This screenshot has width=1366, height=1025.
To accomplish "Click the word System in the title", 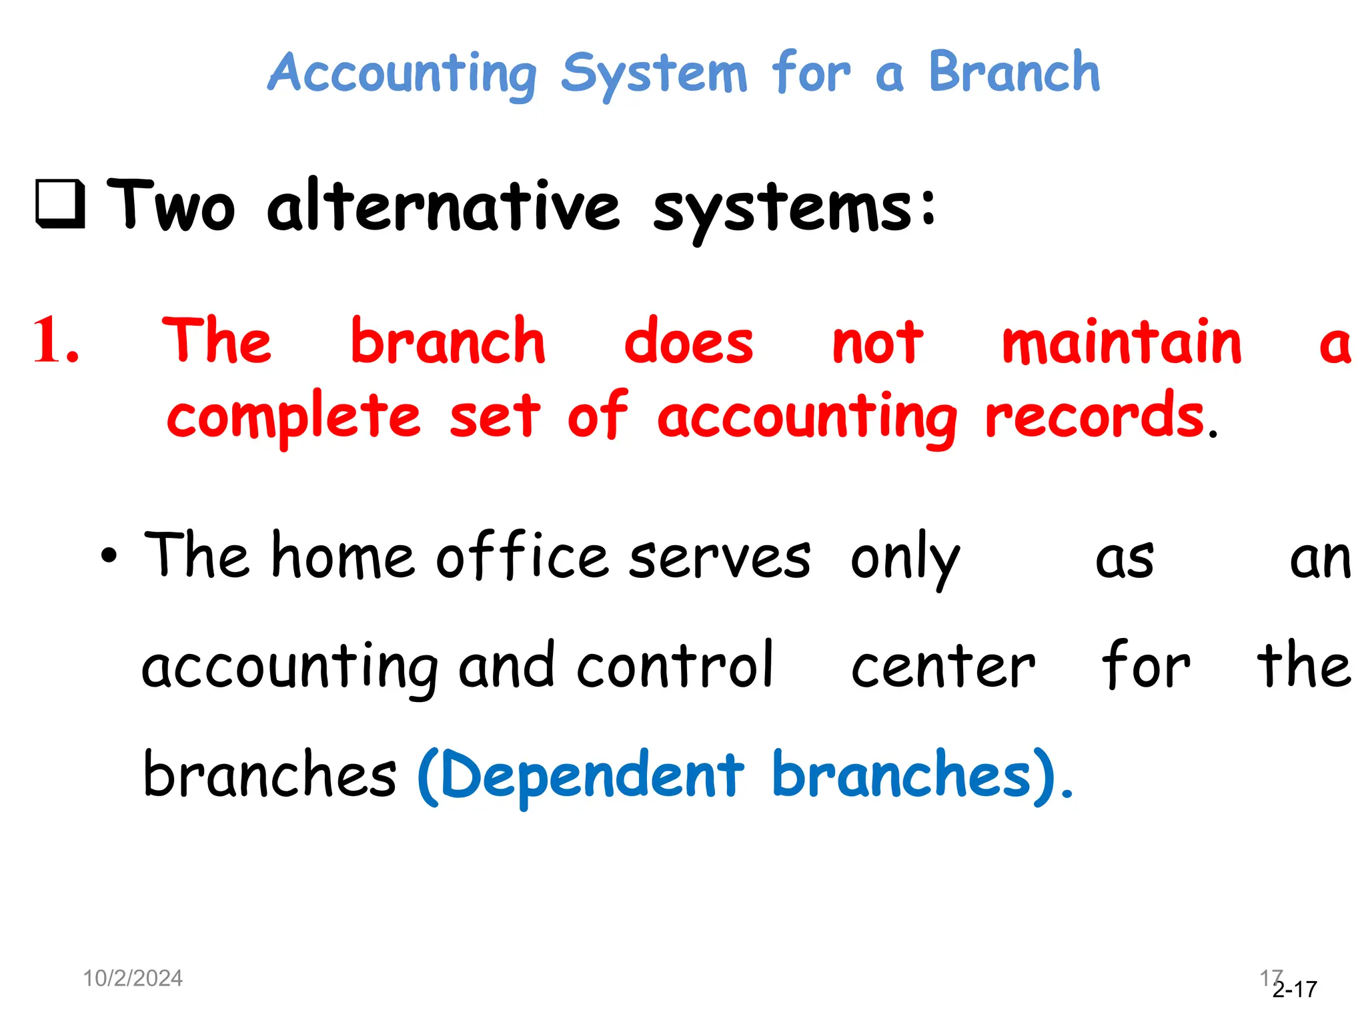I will coord(654,75).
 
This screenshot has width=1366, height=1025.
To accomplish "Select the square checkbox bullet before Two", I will coord(61,204).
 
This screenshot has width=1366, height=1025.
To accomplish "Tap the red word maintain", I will coord(1122,342).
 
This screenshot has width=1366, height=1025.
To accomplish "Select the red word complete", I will coord(293,417).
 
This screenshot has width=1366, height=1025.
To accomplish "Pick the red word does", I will coord(688,342).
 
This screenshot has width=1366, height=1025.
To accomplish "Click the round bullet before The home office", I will coord(109,555).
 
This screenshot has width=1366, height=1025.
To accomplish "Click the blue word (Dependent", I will coord(580,775).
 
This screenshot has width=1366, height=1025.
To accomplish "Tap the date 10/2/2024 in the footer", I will coord(133,978).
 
